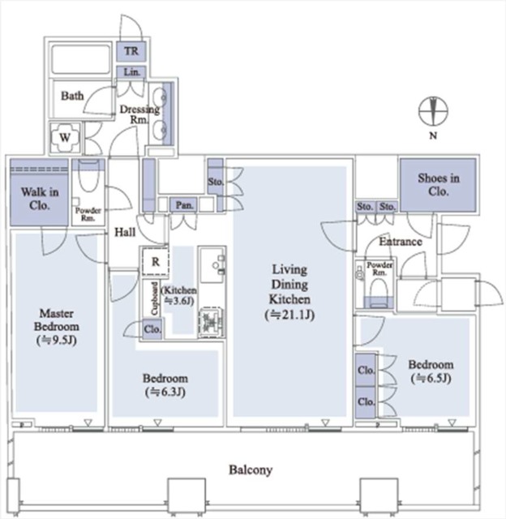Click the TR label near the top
[x=131, y=51]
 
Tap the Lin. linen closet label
[x=131, y=72]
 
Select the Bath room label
[x=72, y=96]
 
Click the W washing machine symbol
[x=65, y=137]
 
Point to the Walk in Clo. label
[x=40, y=199]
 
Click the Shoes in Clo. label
[x=439, y=184]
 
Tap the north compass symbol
[x=433, y=112]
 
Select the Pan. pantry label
[x=184, y=205]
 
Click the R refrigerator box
[x=156, y=262]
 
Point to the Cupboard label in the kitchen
[x=155, y=298]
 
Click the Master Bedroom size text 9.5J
[x=57, y=340]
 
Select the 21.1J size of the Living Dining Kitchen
[x=289, y=315]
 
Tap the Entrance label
[x=401, y=242]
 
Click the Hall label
[x=125, y=232]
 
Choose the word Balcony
[x=251, y=470]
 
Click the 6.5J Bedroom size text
[x=431, y=378]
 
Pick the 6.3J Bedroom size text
[x=165, y=392]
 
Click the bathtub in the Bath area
[x=81, y=59]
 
